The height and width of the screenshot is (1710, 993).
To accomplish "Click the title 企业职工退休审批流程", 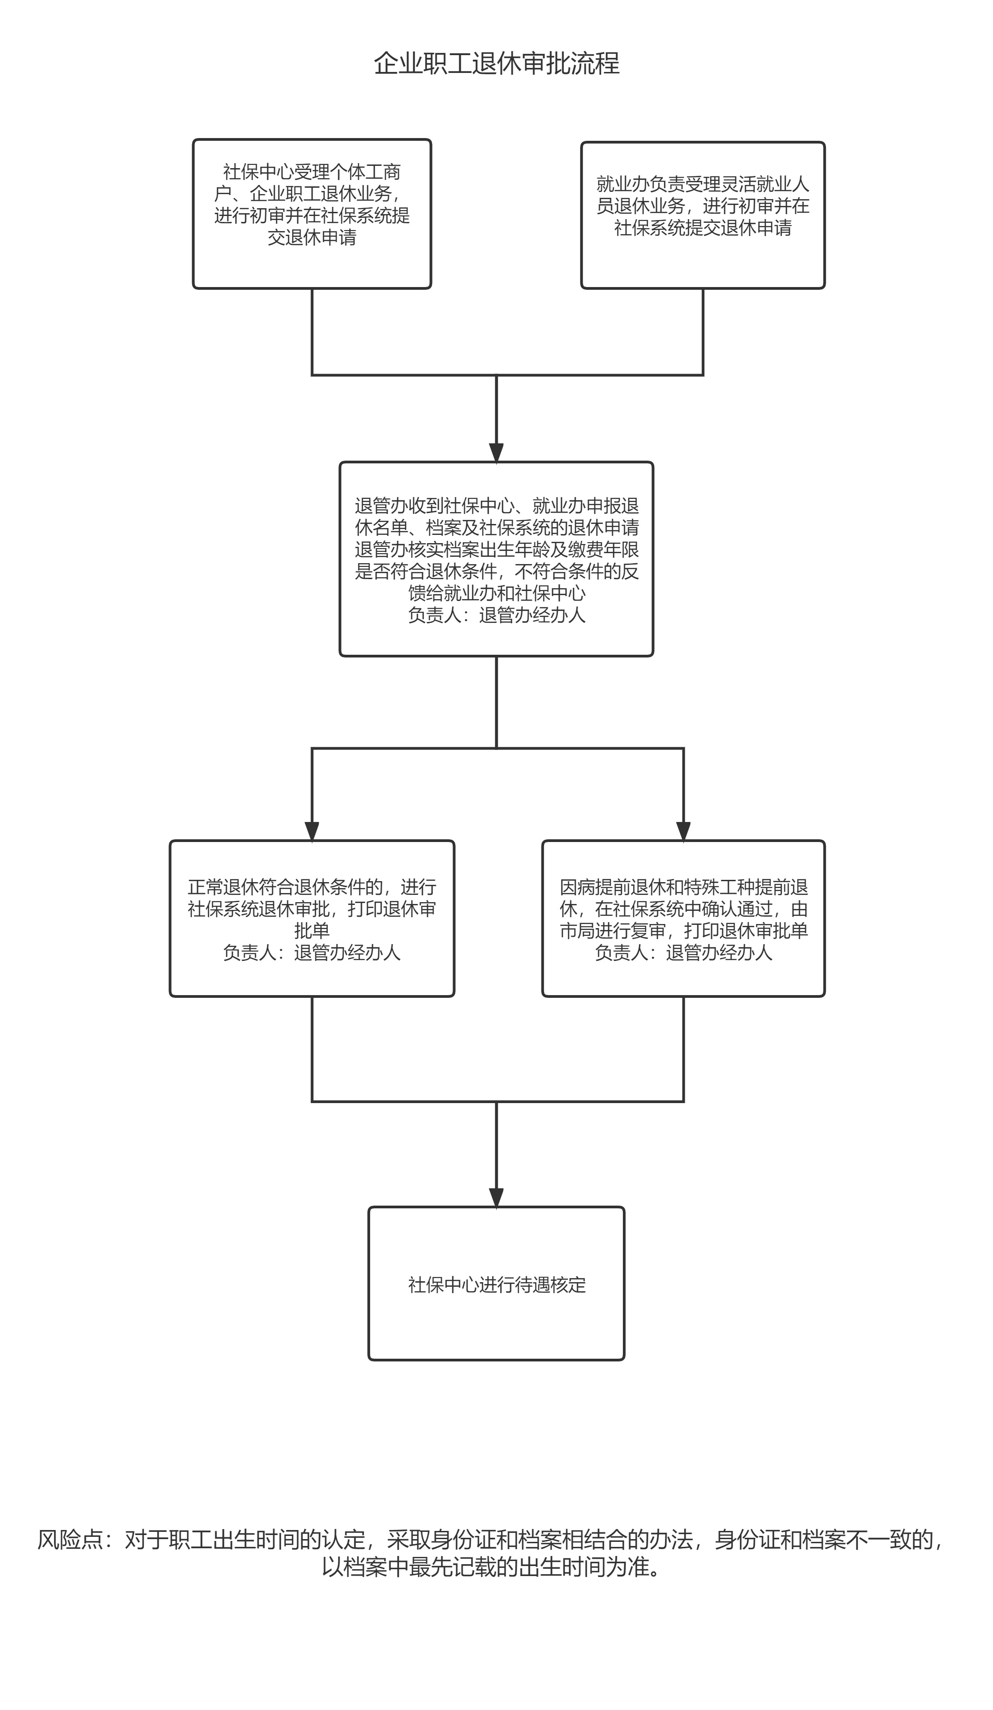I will [496, 64].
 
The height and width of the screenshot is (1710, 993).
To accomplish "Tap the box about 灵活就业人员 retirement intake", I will [703, 215].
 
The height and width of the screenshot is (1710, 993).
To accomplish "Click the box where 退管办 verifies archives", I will [496, 559].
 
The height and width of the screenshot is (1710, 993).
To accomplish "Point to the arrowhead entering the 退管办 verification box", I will [496, 452].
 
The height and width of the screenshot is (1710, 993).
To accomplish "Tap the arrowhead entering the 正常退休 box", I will [312, 831].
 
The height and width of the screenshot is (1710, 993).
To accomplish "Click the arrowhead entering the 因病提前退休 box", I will [683, 831].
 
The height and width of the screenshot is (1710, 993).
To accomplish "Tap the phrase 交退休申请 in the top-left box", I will [312, 237].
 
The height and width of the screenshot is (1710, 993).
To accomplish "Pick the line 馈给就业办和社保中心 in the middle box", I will [496, 593].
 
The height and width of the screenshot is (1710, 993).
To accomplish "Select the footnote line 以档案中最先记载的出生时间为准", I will [491, 1567].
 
